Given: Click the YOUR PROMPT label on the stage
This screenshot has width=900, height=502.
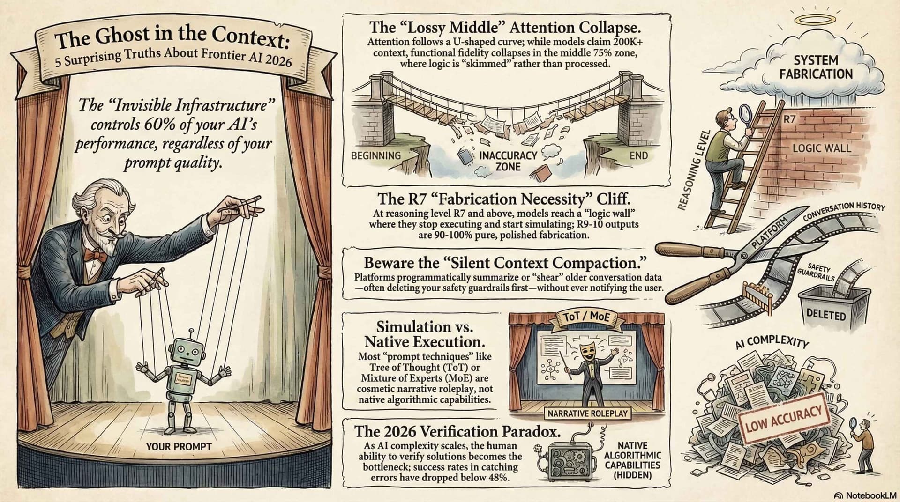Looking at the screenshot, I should click(x=179, y=446).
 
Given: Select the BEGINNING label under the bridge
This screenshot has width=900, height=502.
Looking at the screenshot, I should click(x=376, y=155).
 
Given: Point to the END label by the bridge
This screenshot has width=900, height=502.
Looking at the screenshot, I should click(x=638, y=155).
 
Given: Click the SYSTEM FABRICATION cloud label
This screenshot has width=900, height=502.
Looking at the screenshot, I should click(x=816, y=67).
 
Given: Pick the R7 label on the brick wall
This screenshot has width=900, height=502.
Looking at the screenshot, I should click(x=790, y=119).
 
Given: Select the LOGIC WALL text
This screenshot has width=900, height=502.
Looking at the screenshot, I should click(x=821, y=148).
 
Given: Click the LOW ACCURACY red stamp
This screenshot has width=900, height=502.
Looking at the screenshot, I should click(x=784, y=418).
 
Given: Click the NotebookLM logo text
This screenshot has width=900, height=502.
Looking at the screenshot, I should click(x=870, y=495).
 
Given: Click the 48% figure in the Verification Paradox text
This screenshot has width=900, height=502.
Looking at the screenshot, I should click(x=497, y=478).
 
